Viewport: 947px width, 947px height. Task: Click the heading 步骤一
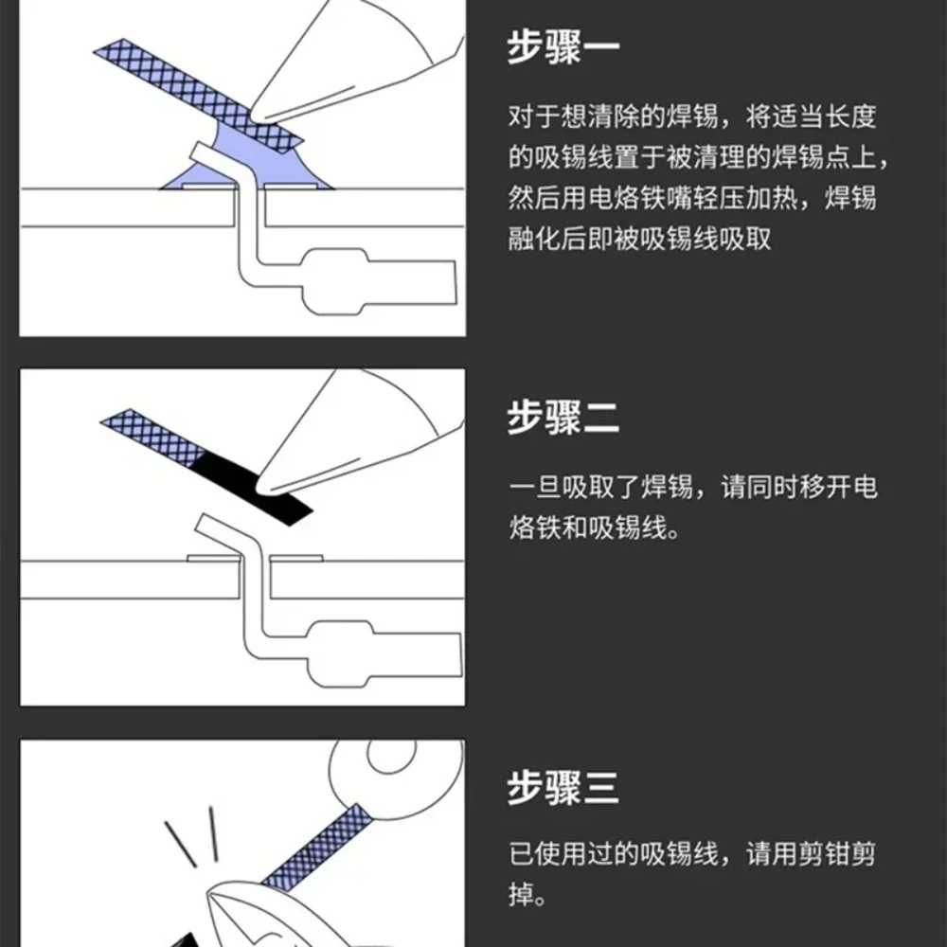(563, 48)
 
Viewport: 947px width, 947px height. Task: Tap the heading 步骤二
(563, 418)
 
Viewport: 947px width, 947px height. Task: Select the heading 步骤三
(563, 788)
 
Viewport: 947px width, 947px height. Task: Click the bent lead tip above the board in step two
(206, 524)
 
